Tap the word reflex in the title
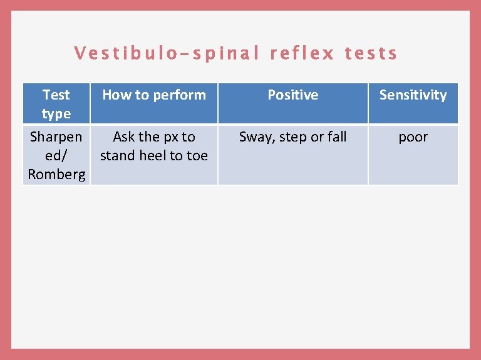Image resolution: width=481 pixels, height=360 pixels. [302, 54]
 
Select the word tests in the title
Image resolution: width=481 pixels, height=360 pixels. [371, 54]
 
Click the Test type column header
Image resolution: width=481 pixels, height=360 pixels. [56, 104]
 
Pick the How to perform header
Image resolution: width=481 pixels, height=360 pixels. [154, 95]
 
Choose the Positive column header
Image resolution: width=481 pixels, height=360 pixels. [292, 95]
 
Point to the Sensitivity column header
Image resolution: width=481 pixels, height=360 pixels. [413, 95]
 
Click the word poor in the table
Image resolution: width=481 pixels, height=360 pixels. [413, 137]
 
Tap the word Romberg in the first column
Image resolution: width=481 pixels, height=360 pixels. [56, 175]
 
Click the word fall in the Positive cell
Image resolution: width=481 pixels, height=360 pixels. [336, 137]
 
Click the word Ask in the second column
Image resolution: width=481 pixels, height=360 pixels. [124, 137]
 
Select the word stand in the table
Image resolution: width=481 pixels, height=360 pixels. [118, 156]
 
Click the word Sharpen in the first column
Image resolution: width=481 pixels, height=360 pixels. [56, 137]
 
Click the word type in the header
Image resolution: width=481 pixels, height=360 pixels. [56, 114]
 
